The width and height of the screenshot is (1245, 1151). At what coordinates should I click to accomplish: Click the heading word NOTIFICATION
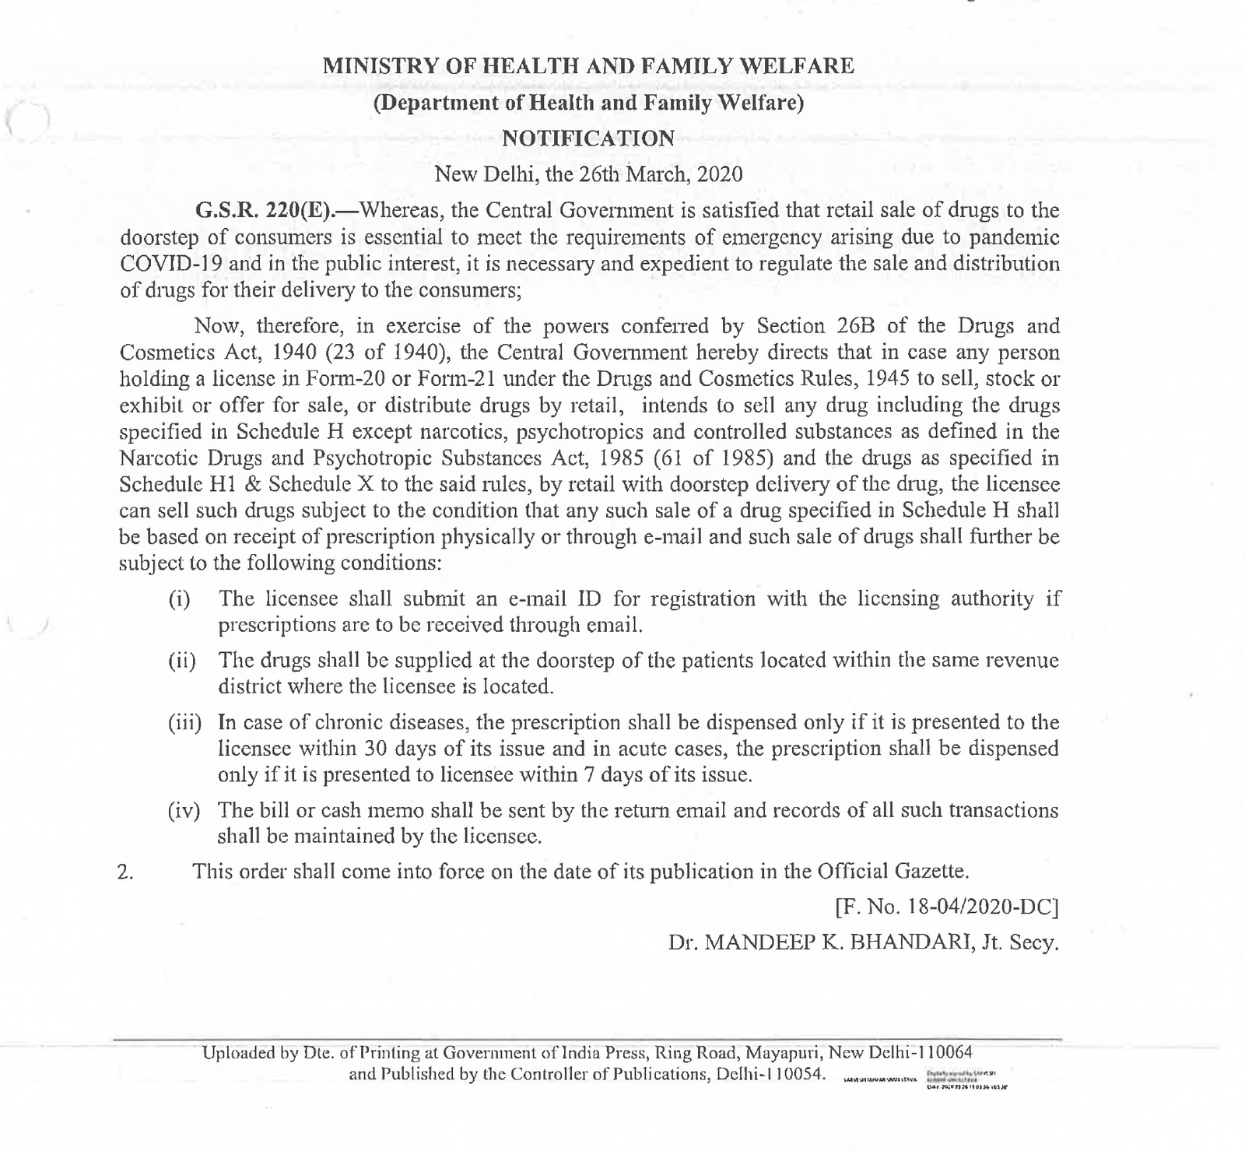pyautogui.click(x=587, y=139)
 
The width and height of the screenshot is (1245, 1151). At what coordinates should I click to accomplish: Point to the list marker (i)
pyautogui.click(x=180, y=600)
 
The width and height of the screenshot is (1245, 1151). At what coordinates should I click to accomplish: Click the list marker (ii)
pyautogui.click(x=182, y=661)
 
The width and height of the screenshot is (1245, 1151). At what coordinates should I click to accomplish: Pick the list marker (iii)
pyautogui.click(x=185, y=723)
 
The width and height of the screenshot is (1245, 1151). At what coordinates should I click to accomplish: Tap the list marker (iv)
pyautogui.click(x=185, y=811)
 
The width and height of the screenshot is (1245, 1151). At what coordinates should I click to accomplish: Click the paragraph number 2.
pyautogui.click(x=125, y=872)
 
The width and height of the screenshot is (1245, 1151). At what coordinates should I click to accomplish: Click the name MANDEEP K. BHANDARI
pyautogui.click(x=837, y=943)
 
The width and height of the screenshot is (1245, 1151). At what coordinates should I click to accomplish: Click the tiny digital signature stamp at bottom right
pyautogui.click(x=963, y=1079)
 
